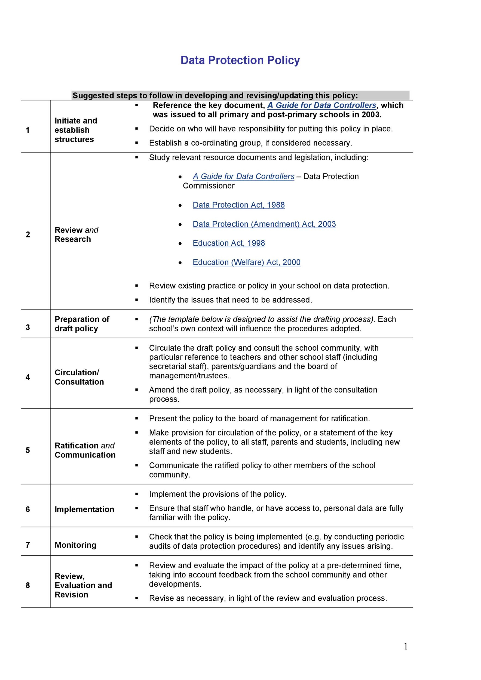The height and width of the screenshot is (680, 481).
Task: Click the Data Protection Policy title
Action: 240,60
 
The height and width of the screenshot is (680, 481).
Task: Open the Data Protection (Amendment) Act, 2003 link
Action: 264,224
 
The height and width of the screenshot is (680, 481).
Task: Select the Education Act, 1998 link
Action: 229,243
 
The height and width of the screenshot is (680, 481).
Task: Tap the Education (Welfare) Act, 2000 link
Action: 246,262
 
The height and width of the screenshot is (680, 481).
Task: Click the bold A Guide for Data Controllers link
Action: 321,106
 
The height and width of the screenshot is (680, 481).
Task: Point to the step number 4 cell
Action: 28,377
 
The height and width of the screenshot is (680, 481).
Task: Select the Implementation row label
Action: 84,509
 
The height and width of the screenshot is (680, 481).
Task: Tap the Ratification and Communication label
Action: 85,450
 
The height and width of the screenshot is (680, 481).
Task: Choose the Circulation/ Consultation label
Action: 79,377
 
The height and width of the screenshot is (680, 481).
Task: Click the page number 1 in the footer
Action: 406,646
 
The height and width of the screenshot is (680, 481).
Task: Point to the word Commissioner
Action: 209,186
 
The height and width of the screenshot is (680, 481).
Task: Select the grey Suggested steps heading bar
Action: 240,95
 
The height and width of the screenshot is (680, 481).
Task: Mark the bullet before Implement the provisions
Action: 137,494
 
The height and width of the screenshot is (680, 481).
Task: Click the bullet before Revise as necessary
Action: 137,598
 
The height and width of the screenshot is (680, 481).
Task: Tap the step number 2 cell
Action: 28,234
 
